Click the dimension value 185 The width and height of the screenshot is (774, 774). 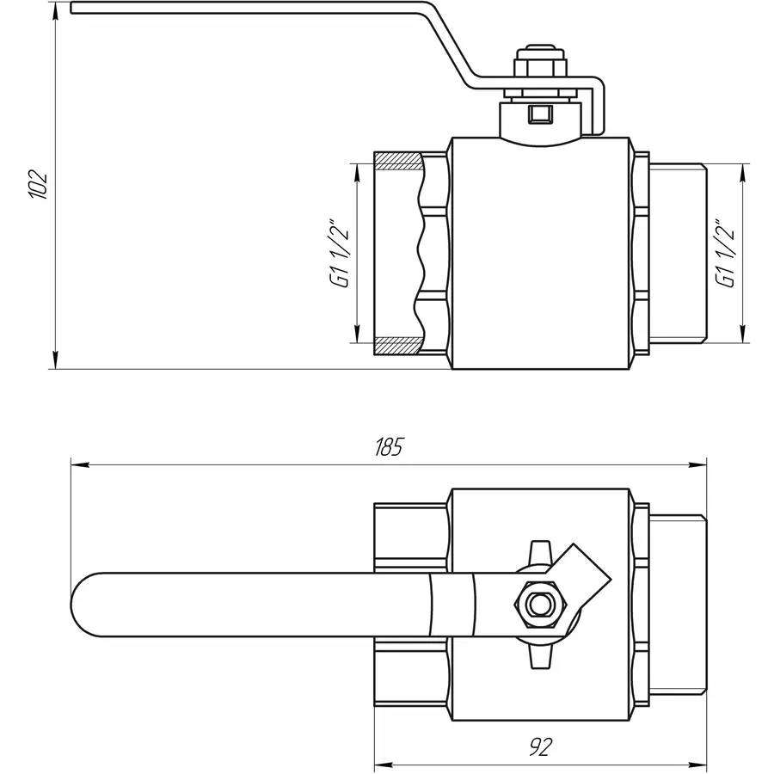click(x=389, y=447)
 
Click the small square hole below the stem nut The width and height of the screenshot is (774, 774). click(x=538, y=112)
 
